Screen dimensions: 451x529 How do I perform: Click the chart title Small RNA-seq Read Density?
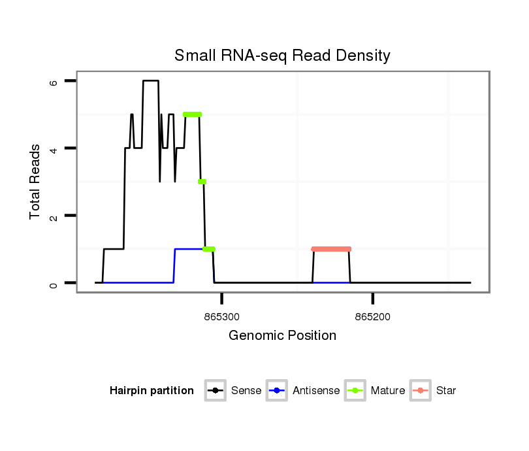click(282, 56)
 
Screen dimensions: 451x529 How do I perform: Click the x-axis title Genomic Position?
click(282, 336)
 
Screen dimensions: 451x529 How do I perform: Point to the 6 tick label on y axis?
click(55, 82)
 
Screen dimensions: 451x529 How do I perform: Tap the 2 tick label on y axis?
click(55, 216)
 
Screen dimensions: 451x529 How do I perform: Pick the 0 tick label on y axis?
click(55, 283)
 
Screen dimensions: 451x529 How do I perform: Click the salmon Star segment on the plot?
click(331, 249)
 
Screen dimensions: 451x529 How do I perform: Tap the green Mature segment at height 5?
click(192, 114)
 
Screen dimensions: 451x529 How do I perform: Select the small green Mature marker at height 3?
click(202, 182)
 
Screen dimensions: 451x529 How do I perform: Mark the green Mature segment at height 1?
click(209, 249)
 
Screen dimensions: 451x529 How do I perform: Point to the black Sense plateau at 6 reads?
click(151, 81)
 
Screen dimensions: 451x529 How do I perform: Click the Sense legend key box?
click(215, 391)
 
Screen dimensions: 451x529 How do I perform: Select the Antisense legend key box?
click(278, 391)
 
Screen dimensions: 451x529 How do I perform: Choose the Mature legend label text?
click(388, 391)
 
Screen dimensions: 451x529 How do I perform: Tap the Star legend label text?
click(446, 391)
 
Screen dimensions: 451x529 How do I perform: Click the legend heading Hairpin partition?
click(152, 391)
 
